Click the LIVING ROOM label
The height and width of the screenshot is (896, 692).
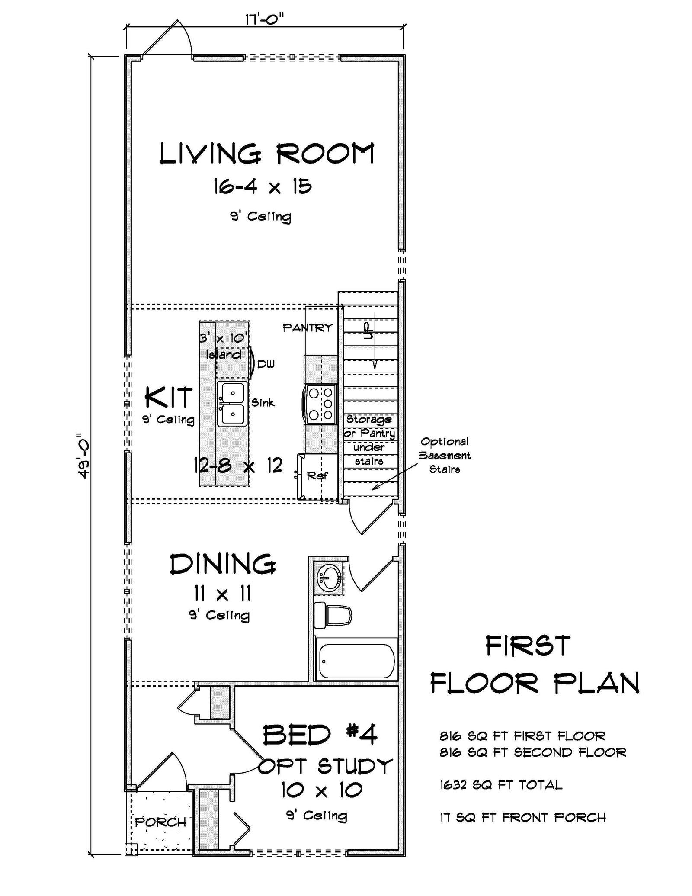[266, 154]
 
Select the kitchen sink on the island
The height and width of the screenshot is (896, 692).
[232, 403]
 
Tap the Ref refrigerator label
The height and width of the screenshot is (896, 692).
[317, 476]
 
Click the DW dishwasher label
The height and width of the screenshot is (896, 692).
[266, 364]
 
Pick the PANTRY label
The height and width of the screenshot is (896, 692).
[308, 328]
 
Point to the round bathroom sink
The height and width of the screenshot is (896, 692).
[329, 576]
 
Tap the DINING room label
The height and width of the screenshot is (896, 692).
[222, 565]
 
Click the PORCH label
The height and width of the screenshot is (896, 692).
[160, 822]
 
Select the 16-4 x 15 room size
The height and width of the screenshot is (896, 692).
[262, 187]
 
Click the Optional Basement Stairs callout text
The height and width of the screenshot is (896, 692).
[445, 455]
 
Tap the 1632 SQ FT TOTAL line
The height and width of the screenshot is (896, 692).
[501, 785]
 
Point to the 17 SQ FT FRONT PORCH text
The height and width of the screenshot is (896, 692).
[522, 817]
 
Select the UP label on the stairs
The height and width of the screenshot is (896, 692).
[368, 331]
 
